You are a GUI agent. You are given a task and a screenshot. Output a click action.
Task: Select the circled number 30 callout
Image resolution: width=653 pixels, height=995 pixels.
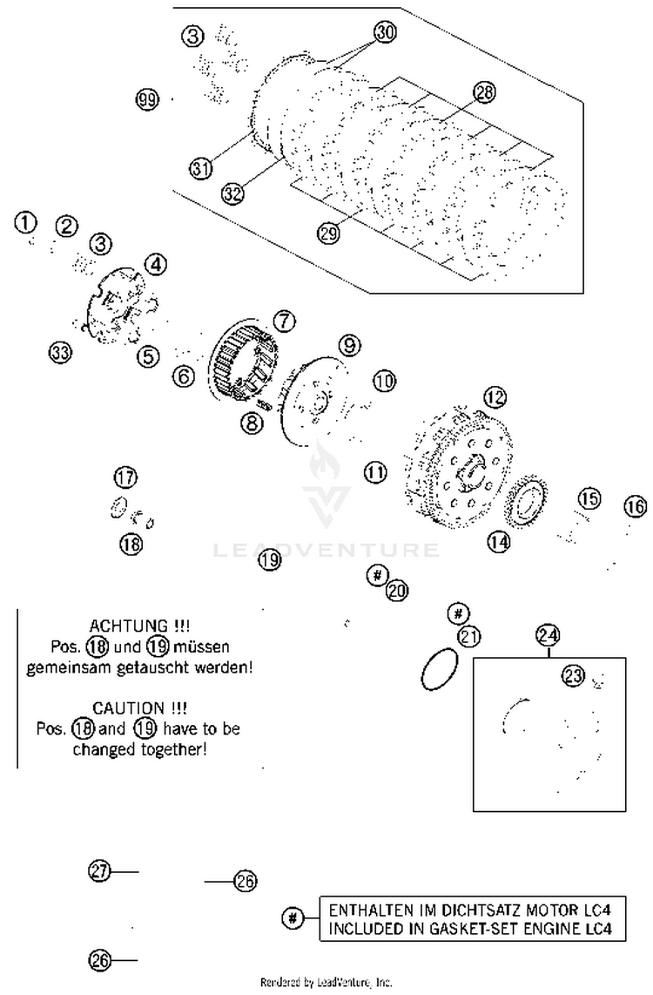pos(385,31)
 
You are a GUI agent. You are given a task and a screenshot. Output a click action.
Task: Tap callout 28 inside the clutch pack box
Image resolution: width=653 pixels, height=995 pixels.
pos(484,91)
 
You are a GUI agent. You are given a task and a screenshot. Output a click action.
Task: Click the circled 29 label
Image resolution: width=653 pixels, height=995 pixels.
pos(327,234)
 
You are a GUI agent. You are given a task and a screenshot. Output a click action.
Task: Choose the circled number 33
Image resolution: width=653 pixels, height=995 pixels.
pos(59,353)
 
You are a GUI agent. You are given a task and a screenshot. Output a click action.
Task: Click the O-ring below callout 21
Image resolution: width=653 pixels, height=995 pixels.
pos(440,669)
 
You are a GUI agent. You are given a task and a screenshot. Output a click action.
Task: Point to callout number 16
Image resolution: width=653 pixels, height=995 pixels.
pos(636,506)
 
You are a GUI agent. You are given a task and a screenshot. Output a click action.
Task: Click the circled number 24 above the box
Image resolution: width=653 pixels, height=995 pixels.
pos(549,634)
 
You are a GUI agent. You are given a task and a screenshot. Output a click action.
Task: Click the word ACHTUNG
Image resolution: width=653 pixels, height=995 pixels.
pos(140,626)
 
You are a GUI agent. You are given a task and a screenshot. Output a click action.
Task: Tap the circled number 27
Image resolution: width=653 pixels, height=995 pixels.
pos(100,870)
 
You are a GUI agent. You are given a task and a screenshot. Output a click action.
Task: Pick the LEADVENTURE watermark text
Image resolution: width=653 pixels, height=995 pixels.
pos(326,550)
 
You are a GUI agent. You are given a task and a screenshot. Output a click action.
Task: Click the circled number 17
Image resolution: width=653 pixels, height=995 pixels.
pos(125,477)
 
